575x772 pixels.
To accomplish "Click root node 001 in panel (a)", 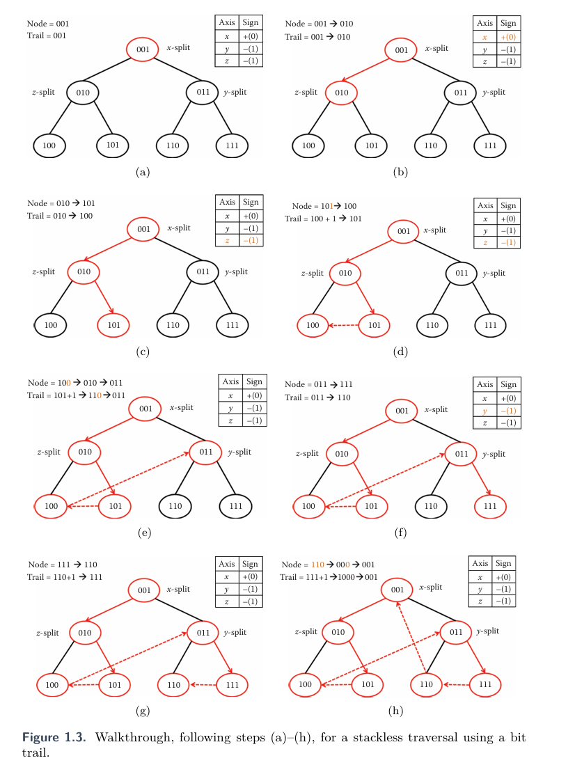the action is (x=143, y=49).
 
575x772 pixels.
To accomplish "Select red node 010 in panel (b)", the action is (x=341, y=92).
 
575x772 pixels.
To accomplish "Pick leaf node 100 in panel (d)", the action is (x=313, y=324).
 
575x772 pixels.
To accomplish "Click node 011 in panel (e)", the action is (x=205, y=452).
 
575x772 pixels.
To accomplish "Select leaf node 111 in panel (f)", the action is (x=490, y=506).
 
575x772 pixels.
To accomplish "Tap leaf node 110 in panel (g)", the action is (x=174, y=685).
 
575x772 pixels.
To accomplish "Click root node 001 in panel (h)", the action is (x=397, y=590).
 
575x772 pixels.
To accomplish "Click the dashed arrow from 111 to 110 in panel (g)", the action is (x=203, y=685).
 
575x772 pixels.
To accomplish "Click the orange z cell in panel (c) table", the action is (x=227, y=241).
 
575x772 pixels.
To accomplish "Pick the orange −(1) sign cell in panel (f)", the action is (x=508, y=411).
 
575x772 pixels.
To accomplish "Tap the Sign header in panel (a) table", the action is (x=250, y=23).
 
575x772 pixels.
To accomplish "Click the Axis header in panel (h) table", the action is (x=480, y=563).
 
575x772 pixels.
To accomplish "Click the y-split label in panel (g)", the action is (x=235, y=632).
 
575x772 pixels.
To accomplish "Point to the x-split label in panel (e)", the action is (x=180, y=409).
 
